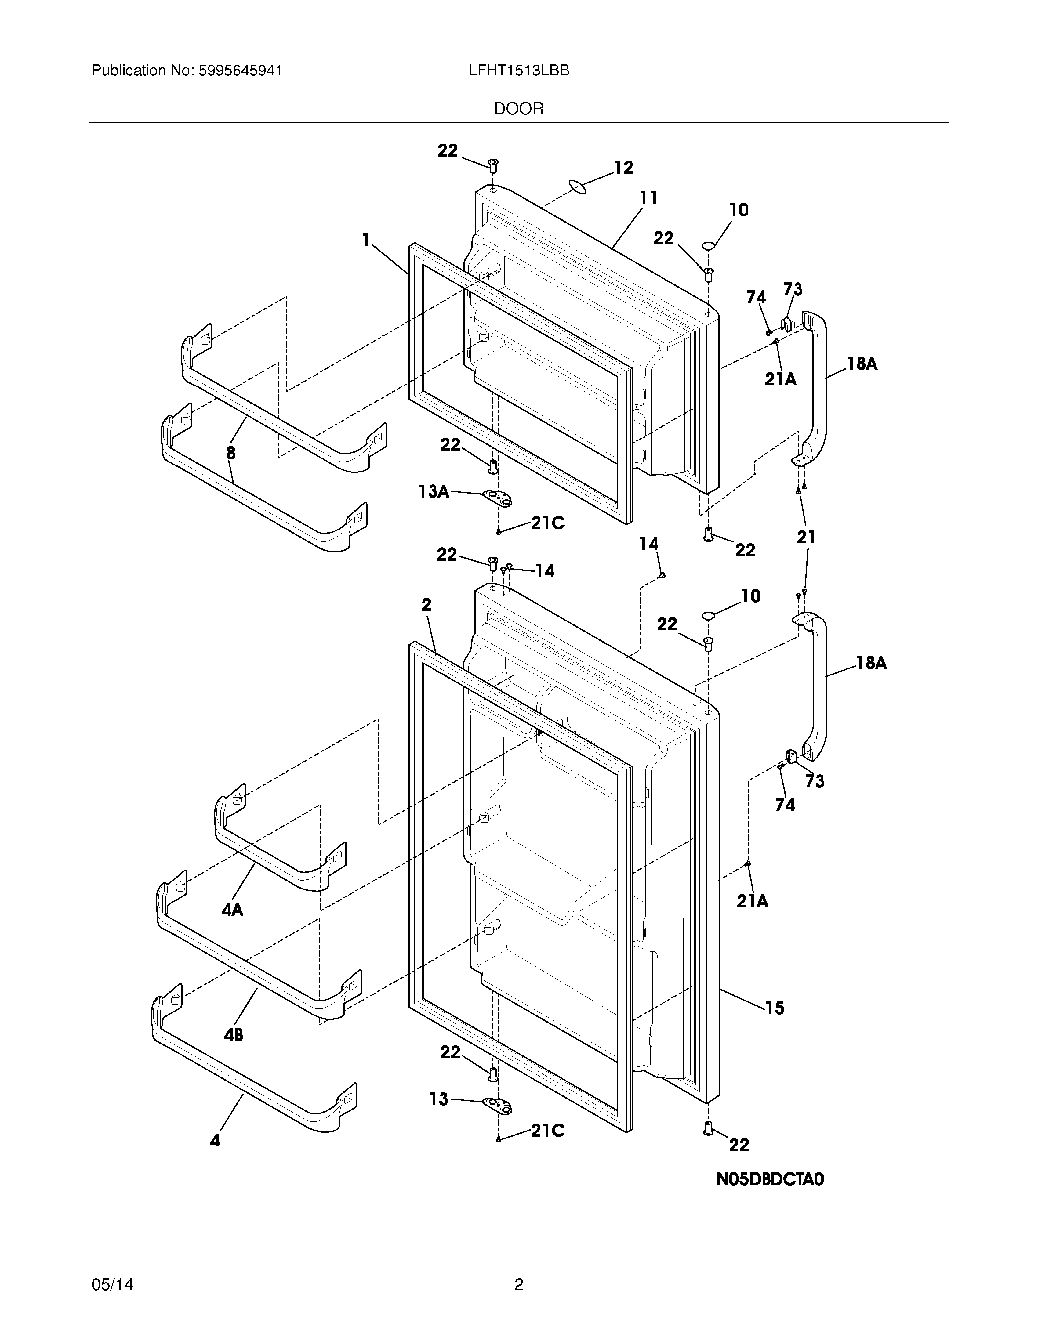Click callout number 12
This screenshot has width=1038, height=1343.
click(x=623, y=168)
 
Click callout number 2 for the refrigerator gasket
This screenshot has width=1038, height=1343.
click(x=427, y=605)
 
